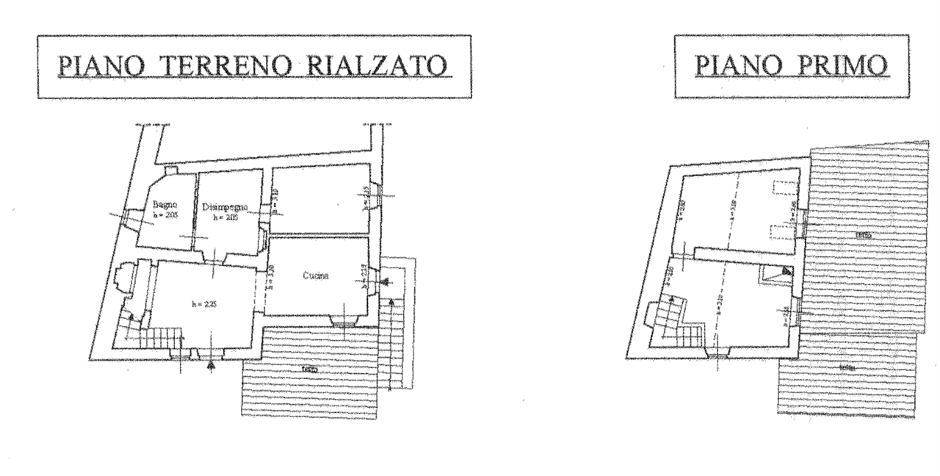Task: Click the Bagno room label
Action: click(x=165, y=207)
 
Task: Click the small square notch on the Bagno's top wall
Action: click(x=171, y=170)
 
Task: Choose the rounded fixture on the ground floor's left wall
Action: click(x=122, y=278)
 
